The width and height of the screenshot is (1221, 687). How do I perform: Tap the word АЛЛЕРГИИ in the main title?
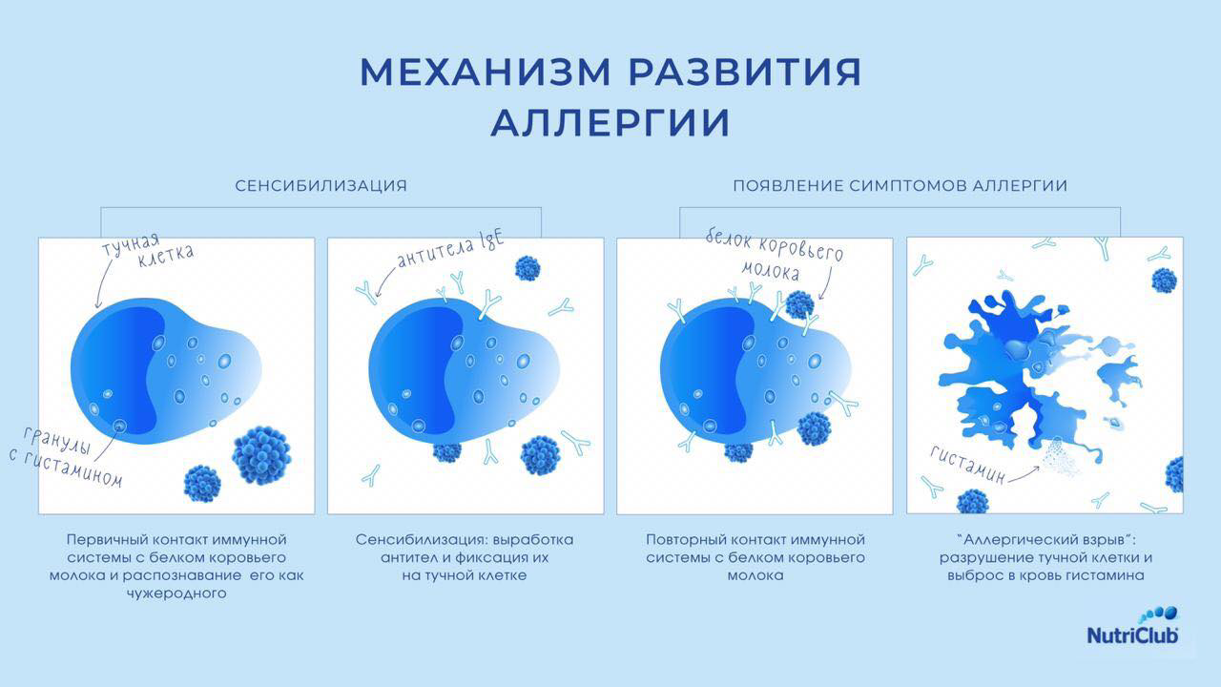610,123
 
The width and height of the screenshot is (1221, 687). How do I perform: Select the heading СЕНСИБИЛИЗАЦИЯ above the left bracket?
321,186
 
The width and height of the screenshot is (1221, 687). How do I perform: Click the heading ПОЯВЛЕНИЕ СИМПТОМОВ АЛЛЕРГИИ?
900,186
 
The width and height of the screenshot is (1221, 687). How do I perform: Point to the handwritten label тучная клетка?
147,251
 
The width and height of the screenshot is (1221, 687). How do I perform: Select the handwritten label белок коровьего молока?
774,255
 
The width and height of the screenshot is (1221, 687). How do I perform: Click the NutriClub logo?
1132,626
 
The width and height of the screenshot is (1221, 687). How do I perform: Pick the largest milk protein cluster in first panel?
262,456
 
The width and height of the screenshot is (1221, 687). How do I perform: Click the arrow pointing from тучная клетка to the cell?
105,283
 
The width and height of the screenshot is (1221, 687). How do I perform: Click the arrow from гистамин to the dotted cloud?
1024,475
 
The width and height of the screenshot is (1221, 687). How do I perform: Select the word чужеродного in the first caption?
176,593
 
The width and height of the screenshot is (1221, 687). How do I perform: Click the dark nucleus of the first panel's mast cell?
117,371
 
